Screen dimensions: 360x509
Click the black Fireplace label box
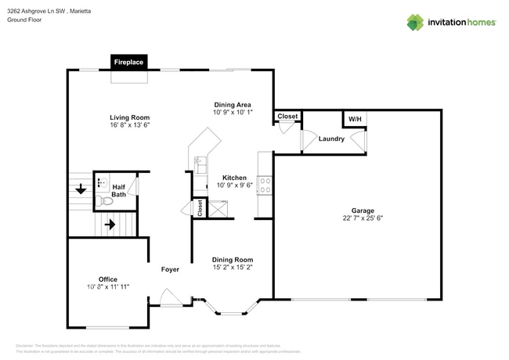[128, 62]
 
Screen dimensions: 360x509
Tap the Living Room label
[128, 117]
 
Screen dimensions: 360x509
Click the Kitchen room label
[234, 178]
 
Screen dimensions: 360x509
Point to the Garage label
[362, 211]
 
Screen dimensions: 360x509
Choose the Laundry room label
[331, 139]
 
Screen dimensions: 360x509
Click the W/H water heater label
[355, 119]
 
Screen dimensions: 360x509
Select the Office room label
[107, 279]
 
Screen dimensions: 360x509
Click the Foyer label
[170, 269]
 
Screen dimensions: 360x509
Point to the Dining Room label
[233, 259]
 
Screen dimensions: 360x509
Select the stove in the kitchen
[265, 185]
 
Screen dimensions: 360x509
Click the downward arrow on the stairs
[81, 189]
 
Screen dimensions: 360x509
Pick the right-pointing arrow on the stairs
[110, 225]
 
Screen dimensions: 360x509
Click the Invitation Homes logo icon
[415, 22]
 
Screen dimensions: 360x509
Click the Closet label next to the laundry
[287, 117]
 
